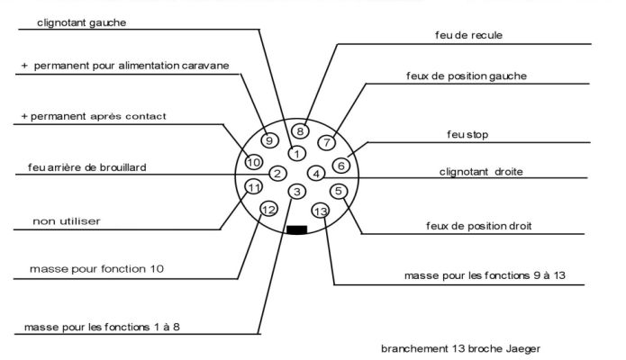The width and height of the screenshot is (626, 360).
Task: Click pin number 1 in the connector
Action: click(296, 153)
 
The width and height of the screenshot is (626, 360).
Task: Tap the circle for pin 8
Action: click(300, 130)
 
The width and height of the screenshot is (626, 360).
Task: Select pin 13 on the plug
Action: click(320, 211)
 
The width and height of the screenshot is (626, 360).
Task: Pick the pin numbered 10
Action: click(253, 162)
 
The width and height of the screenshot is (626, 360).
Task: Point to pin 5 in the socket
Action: click(339, 191)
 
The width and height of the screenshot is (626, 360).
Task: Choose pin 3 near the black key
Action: click(296, 192)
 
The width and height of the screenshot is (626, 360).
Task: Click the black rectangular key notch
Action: click(296, 229)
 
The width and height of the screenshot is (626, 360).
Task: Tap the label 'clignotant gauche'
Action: click(81, 22)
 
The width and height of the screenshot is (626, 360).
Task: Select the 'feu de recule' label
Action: click(468, 35)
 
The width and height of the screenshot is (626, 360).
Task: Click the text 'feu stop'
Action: click(467, 134)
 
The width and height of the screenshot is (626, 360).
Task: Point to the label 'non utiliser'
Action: click(67, 221)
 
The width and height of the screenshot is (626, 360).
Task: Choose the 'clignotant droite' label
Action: click(481, 172)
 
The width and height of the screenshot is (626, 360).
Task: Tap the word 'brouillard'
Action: click(123, 167)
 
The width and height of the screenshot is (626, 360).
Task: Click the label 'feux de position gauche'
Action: click(467, 76)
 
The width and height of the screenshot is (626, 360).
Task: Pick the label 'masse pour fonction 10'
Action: click(96, 269)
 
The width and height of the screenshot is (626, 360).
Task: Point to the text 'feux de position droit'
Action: click(478, 226)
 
